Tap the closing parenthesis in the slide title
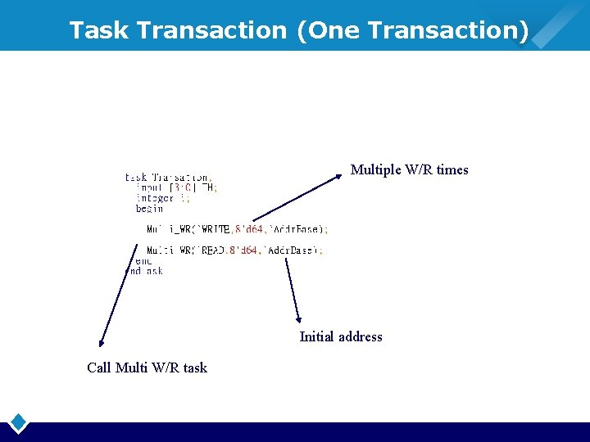(523, 30)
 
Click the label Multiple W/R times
(409, 170)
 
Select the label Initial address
(341, 336)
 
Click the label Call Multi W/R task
(147, 368)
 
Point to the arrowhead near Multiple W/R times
(341, 174)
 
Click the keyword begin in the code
(149, 209)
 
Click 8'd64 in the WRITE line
(250, 229)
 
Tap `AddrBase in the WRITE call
(296, 229)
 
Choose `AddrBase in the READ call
(292, 250)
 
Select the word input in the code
(149, 187)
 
